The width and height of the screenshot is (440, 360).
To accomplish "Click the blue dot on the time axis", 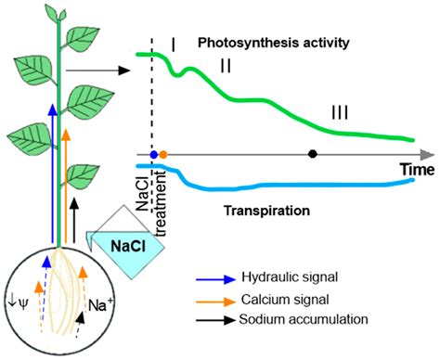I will (154, 153).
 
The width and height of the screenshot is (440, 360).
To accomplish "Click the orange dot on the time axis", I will (163, 153).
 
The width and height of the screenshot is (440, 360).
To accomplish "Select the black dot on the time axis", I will (313, 153).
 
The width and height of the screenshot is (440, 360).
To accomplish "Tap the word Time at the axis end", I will (417, 170).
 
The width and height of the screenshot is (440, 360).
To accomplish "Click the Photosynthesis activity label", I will (278, 42).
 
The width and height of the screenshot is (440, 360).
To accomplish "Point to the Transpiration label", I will (267, 212).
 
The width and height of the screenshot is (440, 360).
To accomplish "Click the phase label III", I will (340, 112).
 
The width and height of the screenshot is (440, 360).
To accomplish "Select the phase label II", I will (226, 66).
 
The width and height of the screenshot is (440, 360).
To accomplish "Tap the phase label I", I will (174, 42).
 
